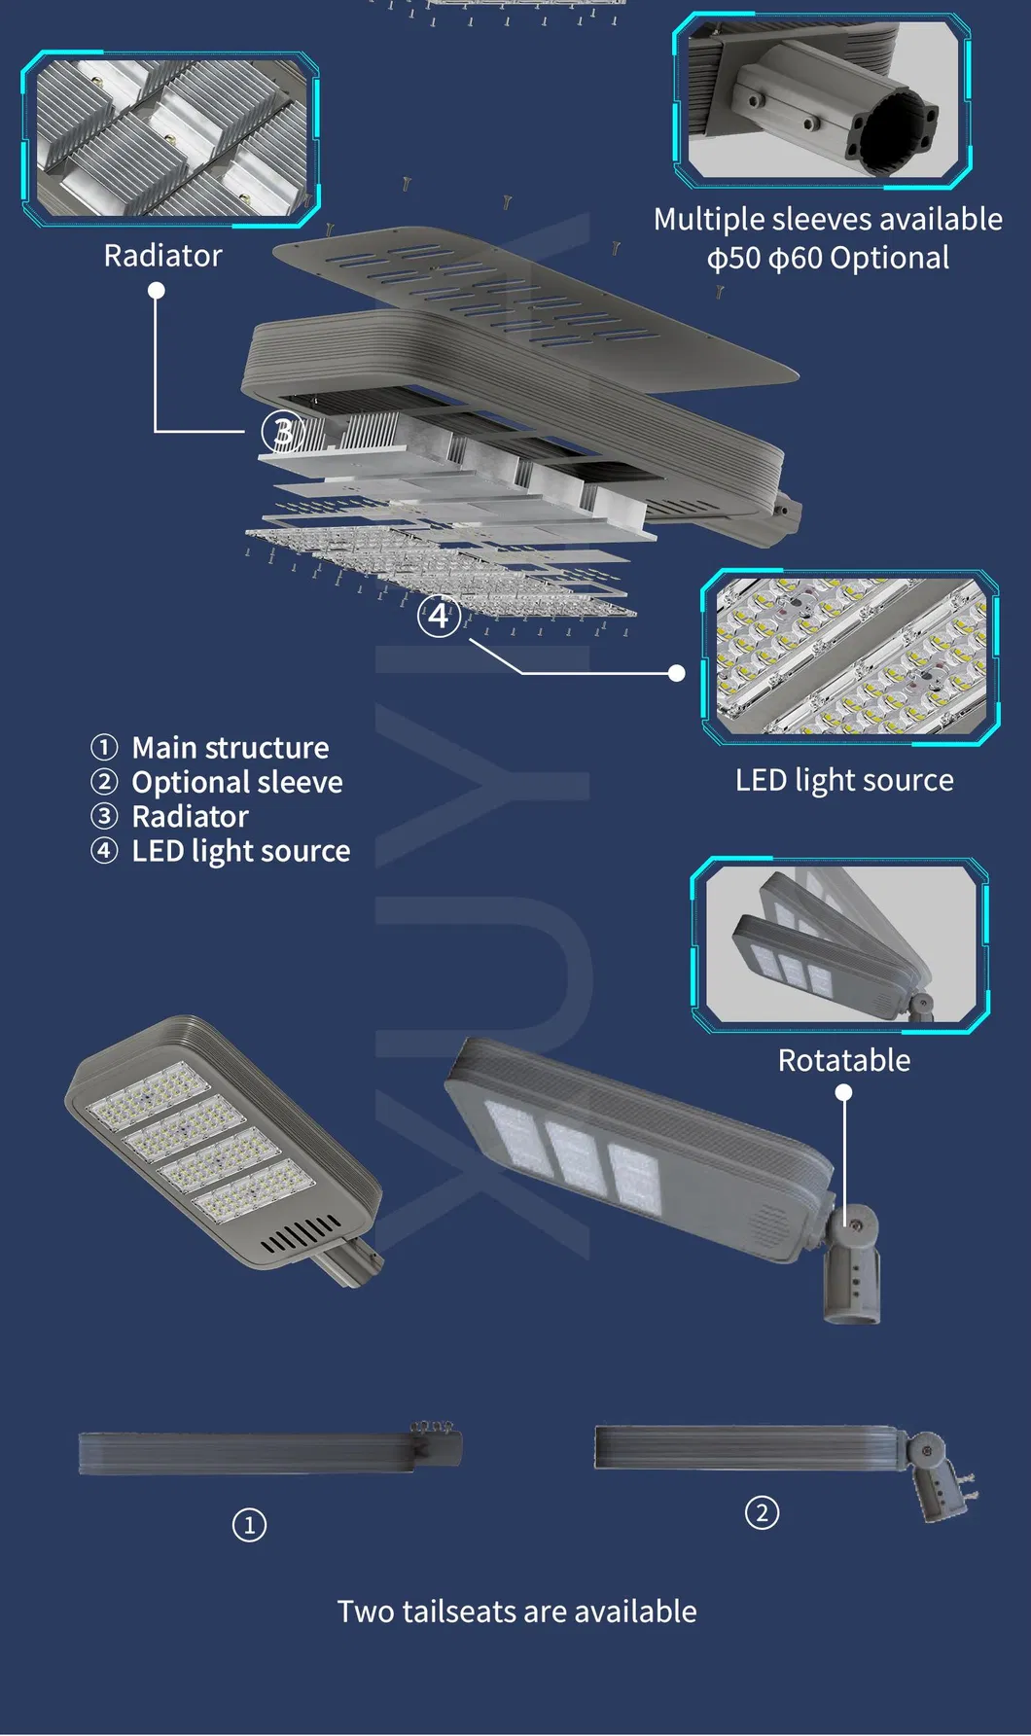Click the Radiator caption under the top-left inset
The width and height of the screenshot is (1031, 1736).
pyautogui.click(x=163, y=256)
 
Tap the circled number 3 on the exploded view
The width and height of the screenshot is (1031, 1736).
pyautogui.click(x=281, y=432)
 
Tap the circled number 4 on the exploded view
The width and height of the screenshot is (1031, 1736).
pyautogui.click(x=439, y=616)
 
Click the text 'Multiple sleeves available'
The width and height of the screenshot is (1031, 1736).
pyautogui.click(x=828, y=220)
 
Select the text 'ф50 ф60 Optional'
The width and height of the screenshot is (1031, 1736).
pyautogui.click(x=828, y=259)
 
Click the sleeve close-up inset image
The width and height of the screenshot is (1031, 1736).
pyautogui.click(x=822, y=100)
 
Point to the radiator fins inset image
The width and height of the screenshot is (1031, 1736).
pyautogui.click(x=171, y=138)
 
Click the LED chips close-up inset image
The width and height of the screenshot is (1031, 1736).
pyautogui.click(x=850, y=656)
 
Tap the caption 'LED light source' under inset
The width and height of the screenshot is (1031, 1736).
pyautogui.click(x=844, y=780)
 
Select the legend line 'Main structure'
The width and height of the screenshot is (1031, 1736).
pyautogui.click(x=230, y=748)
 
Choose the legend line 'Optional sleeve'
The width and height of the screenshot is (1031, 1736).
pyautogui.click(x=236, y=782)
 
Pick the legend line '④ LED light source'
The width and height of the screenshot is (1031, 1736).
pyautogui.click(x=222, y=851)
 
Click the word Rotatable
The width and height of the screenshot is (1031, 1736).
pyautogui.click(x=844, y=1060)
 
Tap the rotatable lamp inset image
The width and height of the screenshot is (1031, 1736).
pyautogui.click(x=840, y=944)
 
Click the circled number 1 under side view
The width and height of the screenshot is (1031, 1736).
pyautogui.click(x=249, y=1524)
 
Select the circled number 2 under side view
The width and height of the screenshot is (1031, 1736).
pyautogui.click(x=762, y=1512)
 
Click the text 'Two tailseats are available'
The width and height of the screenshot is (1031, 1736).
pyautogui.click(x=516, y=1612)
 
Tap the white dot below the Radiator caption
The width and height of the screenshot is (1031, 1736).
pyautogui.click(x=156, y=291)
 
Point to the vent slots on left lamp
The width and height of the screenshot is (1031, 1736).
pyautogui.click(x=301, y=1234)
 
